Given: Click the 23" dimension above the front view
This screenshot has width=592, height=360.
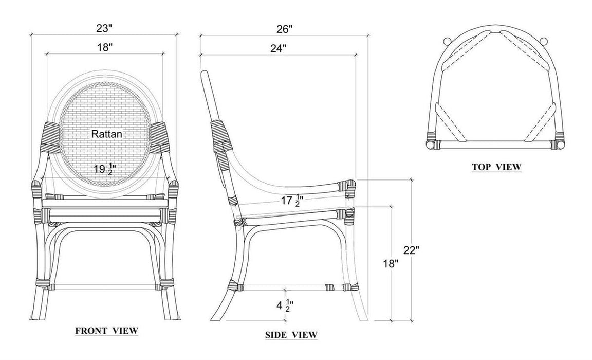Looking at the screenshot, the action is [104, 28].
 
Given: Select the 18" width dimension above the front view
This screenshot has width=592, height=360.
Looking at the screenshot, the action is [105, 48].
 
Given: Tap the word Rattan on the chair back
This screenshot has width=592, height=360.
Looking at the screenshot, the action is [107, 134].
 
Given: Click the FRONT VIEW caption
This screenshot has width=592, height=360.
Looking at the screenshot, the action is [107, 331].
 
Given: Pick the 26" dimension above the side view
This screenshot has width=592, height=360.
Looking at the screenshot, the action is [284, 29].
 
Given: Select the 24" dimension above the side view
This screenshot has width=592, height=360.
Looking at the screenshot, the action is [278, 48].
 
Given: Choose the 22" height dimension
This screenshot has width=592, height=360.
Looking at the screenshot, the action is [411, 250].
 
